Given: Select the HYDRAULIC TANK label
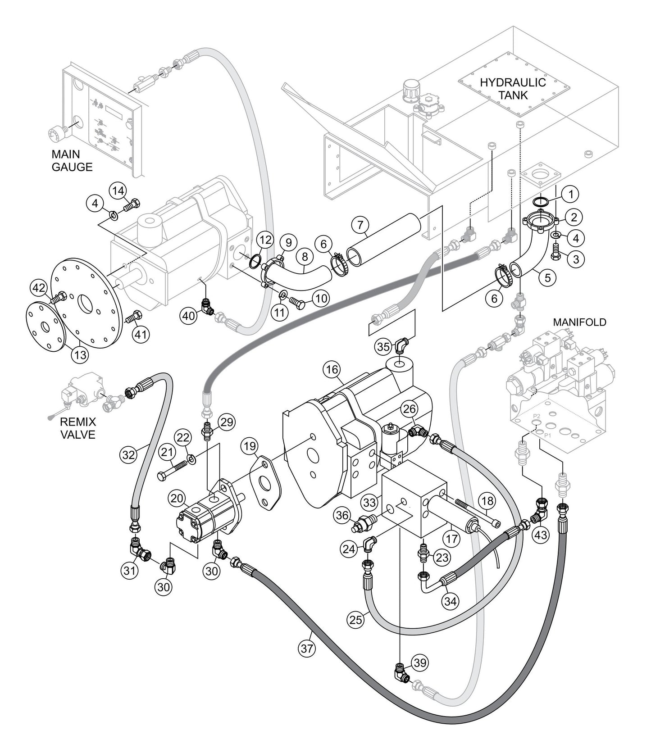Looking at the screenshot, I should tap(512, 89).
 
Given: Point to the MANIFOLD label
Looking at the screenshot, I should tap(579, 322).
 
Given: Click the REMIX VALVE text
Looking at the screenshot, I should tap(77, 429).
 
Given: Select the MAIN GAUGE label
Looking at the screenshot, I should tap(72, 161).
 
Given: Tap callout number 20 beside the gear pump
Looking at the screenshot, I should tap(177, 498).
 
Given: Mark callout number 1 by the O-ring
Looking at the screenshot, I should tap(570, 195).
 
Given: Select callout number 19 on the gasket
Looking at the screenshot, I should tap(248, 446).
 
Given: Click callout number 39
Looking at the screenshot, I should tap(420, 662).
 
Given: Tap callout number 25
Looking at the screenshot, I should tap(356, 620).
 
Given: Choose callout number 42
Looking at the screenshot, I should tap(38, 287).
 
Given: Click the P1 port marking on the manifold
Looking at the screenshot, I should tap(548, 436).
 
